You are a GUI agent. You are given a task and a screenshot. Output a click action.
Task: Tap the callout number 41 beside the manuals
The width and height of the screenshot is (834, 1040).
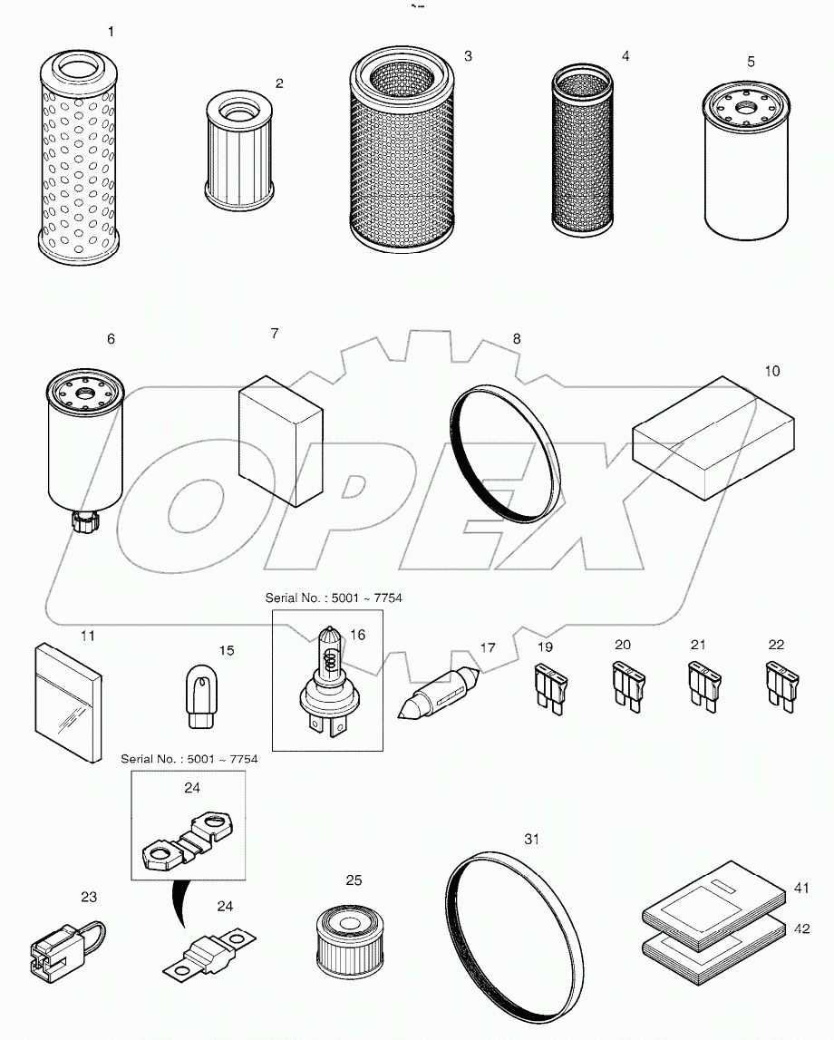801,889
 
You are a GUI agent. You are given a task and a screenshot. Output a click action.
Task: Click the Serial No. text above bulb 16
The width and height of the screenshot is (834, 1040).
333,598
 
